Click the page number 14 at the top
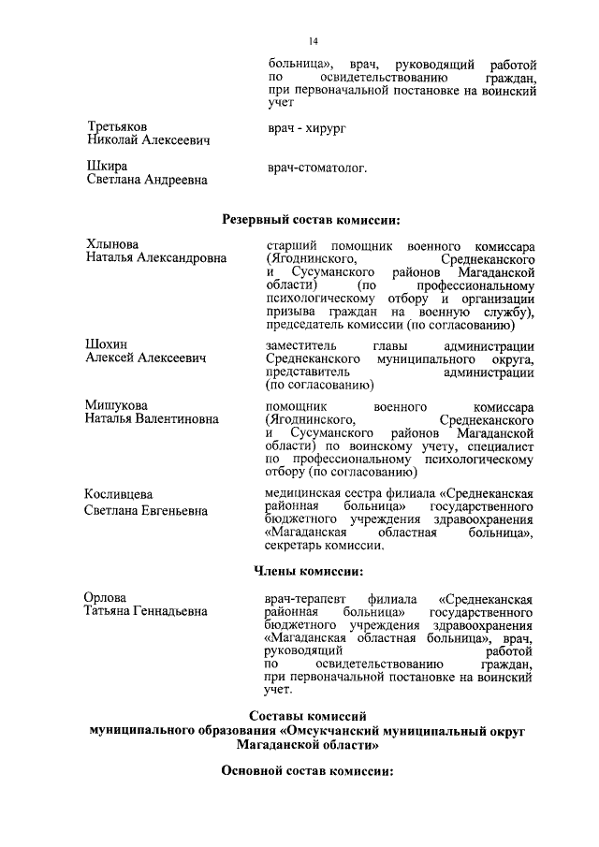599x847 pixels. click(314, 42)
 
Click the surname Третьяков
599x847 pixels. click(117, 125)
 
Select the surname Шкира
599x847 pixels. click(106, 166)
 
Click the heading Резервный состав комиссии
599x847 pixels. click(311, 220)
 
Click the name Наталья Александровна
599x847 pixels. click(156, 257)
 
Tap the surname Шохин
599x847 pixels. click(107, 344)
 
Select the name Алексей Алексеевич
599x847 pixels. click(146, 358)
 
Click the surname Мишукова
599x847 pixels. click(117, 405)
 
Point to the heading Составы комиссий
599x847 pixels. click(308, 717)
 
